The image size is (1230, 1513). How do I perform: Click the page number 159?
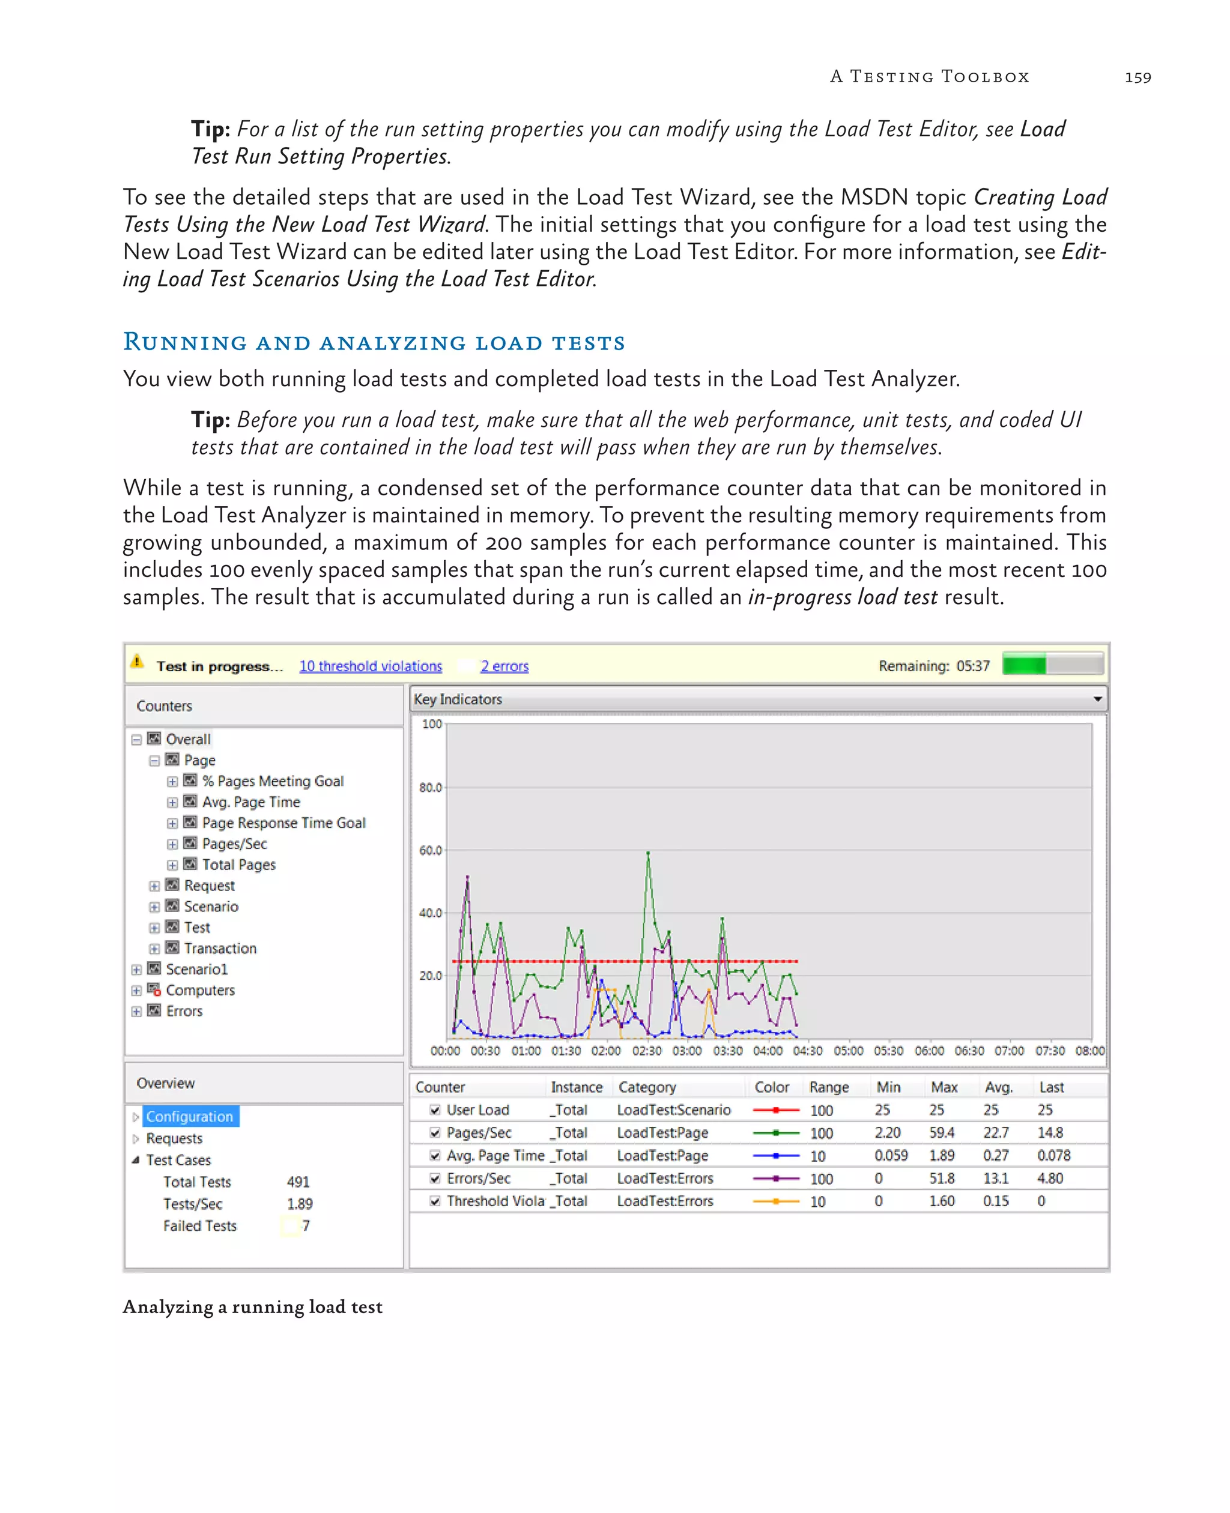(1137, 77)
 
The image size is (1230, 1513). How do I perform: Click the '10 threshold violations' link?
(370, 666)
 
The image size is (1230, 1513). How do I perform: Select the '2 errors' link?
(504, 666)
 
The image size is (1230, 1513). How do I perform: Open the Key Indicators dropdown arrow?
(1097, 699)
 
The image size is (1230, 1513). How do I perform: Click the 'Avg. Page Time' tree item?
(251, 802)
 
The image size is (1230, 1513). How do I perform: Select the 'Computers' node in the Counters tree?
(200, 990)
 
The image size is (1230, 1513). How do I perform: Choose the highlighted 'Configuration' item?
(189, 1116)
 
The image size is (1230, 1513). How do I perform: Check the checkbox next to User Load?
(435, 1110)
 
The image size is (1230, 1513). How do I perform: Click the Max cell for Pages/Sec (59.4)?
(942, 1132)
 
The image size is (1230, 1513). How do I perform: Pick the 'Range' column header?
(828, 1087)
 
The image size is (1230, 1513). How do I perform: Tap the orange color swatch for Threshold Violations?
(776, 1201)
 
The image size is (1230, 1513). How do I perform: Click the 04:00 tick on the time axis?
(768, 1051)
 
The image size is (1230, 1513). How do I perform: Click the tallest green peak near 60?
(647, 854)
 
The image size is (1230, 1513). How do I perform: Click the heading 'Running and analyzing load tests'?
(374, 342)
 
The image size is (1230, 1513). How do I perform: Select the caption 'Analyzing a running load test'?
(252, 1307)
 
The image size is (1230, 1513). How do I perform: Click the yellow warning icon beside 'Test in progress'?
(138, 662)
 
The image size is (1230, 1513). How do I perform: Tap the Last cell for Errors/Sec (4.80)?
(1049, 1178)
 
